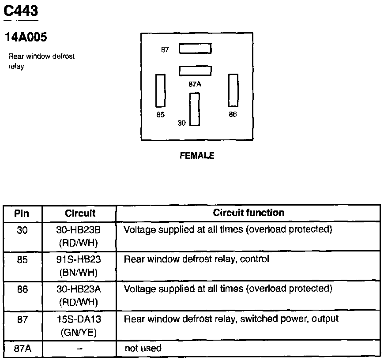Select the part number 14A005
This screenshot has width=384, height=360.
coord(26,37)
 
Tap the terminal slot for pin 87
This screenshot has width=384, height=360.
coord(195,49)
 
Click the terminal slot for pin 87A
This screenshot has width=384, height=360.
coord(195,71)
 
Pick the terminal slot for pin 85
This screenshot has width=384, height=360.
coord(161,90)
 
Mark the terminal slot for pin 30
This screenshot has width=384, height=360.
coord(195,109)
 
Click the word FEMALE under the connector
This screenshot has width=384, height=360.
coord(197,156)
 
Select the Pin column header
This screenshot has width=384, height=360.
coord(22,214)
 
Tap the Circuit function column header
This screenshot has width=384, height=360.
coord(248,213)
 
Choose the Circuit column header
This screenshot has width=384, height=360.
coord(80,214)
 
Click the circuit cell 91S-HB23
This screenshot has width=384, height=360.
coord(79,259)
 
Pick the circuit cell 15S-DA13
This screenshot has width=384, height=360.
coord(79,319)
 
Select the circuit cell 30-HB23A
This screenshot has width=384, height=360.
coord(79,289)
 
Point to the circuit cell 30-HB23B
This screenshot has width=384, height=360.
coord(79,229)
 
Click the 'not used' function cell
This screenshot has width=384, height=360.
coord(143,349)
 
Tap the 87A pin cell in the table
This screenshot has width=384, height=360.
coord(22,349)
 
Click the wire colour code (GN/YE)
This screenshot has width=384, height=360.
coord(79,332)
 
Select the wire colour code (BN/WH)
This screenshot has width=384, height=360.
coord(79,273)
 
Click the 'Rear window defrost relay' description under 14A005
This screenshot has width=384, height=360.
coord(41,61)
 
